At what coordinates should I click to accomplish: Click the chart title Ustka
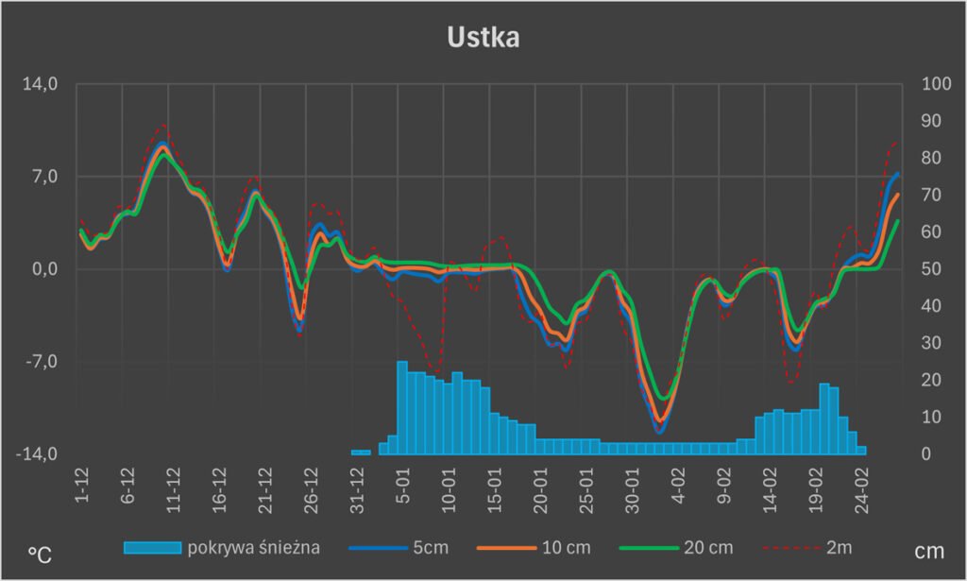(x=483, y=38)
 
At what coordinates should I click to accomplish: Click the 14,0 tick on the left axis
(x=41, y=84)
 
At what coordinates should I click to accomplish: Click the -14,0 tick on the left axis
(x=38, y=454)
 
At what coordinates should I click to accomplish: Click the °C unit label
(x=40, y=555)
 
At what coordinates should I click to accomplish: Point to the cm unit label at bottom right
(x=928, y=550)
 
